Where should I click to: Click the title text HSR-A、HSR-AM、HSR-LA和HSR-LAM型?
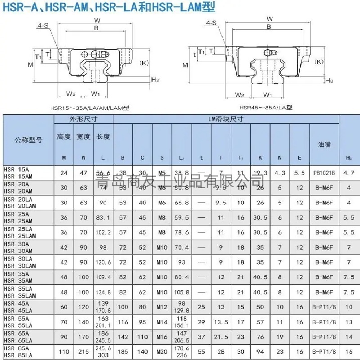tap(108, 7)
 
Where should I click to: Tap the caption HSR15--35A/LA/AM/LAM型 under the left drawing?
tap(90, 108)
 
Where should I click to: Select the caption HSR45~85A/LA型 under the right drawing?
tap(265, 108)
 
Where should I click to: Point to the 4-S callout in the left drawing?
tap(43, 26)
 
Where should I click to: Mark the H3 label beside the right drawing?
tap(329, 81)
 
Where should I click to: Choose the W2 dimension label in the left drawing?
tap(71, 94)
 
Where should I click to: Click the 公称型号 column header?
tap(28, 140)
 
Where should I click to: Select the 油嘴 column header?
tap(324, 144)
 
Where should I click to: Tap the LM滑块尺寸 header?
tap(225, 119)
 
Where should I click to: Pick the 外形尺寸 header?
tap(83, 119)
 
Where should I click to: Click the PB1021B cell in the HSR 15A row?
tap(324, 173)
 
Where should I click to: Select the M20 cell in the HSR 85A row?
tap(162, 351)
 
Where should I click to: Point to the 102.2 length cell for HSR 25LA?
tap(103, 233)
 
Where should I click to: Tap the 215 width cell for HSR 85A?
tap(83, 351)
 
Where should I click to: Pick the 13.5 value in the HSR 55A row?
tap(220, 322)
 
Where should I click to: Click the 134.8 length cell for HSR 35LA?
tap(103, 292)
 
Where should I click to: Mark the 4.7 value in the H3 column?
tap(349, 173)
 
